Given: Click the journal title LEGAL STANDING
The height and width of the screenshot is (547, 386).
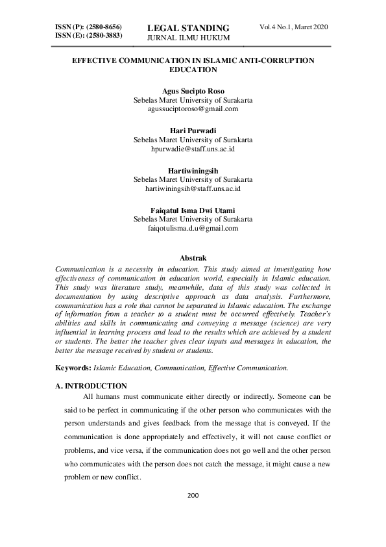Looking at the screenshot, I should [189, 28].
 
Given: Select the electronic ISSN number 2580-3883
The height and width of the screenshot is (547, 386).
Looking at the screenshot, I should [104, 34].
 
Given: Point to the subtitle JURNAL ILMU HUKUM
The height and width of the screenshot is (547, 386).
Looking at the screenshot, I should [188, 38].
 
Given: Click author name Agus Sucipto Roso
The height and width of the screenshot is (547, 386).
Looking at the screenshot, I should [193, 92].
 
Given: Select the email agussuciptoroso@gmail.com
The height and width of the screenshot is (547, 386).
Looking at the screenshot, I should [193, 109].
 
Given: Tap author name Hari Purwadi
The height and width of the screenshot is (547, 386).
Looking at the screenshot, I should [193, 131].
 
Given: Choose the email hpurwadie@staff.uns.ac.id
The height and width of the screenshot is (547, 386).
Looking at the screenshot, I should [193, 149].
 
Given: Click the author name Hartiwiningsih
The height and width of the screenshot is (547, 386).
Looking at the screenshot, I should [193, 170].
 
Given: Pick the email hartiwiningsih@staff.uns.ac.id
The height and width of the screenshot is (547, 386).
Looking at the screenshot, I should [193, 188].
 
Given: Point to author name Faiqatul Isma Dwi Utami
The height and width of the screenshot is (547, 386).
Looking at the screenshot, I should [193, 210].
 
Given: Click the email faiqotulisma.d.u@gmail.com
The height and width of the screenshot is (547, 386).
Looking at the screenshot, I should [193, 228].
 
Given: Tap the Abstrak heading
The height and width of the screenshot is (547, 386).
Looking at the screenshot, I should [193, 259].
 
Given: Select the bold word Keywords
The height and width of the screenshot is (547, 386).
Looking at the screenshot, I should [73, 368].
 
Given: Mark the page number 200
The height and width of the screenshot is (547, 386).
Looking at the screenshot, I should [193, 495].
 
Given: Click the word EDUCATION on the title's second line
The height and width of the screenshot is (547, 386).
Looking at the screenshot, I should [193, 69].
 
